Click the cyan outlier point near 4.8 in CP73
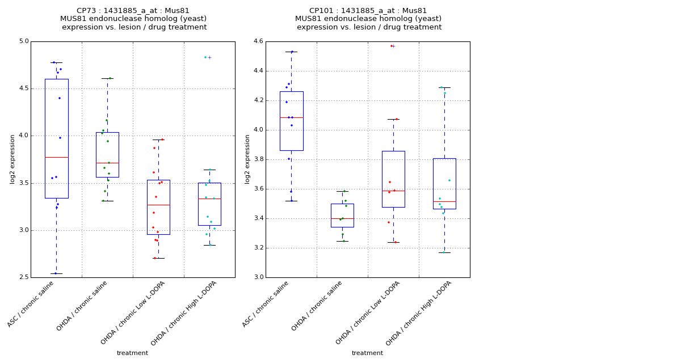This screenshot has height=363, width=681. point(205,57)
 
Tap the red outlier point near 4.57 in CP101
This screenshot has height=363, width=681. point(391,46)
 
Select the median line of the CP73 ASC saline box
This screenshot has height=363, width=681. point(56,157)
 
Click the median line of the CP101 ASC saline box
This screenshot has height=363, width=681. point(291,117)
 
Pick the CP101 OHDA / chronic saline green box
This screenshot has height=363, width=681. point(342,216)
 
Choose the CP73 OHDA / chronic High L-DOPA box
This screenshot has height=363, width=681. point(209,204)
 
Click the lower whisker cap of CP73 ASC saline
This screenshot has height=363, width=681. point(56,273)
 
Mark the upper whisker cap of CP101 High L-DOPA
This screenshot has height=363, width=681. point(444,87)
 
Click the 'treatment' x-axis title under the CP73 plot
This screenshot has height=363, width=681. point(132,353)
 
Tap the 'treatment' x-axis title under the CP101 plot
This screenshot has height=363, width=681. point(367,353)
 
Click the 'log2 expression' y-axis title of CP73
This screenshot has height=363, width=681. point(12,159)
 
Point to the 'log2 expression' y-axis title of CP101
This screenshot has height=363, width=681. point(247,159)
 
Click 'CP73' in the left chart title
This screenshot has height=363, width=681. point(86,11)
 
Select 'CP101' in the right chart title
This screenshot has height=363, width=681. point(321,11)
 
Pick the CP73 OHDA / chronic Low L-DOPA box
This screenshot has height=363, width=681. point(158,207)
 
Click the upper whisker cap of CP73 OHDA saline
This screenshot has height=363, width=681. point(107,78)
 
